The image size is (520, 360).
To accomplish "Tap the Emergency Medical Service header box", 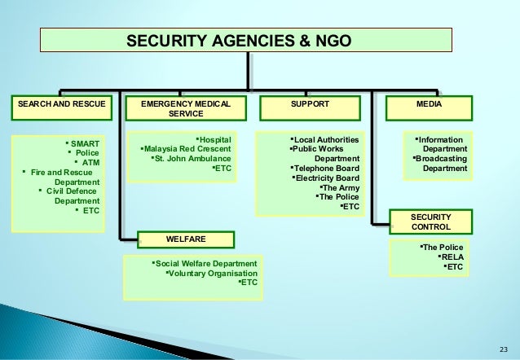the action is coord(186,109).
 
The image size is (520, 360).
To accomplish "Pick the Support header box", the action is coord(310,105).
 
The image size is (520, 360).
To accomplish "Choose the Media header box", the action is coord(425,105).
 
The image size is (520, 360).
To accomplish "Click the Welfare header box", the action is coord(186,239).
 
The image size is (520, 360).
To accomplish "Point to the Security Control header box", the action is coord(430,221).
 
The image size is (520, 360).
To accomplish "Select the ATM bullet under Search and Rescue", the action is coord(91,162).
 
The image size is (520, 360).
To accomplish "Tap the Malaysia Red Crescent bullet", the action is coord(187,149).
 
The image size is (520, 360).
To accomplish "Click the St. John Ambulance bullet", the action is coord(193,159).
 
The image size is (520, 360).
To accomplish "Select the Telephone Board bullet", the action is coord(327,168).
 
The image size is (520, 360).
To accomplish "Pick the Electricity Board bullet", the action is coord(327,178).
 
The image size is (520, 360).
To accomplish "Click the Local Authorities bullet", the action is coord(325,139).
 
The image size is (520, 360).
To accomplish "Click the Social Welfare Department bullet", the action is coord(205,265).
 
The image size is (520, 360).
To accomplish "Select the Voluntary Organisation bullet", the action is coord(210,274).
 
